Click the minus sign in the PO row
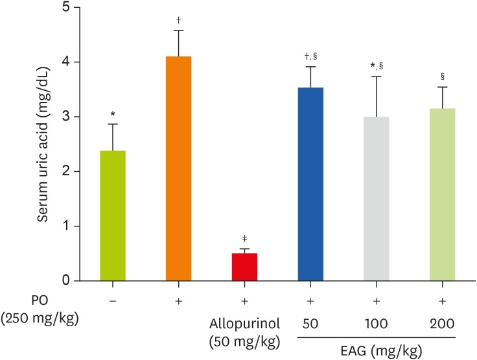[x=113, y=303]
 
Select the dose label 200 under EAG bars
[x=442, y=323]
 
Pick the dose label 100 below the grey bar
[x=376, y=323]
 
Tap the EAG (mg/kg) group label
[x=377, y=350]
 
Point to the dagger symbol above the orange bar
[x=178, y=20]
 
